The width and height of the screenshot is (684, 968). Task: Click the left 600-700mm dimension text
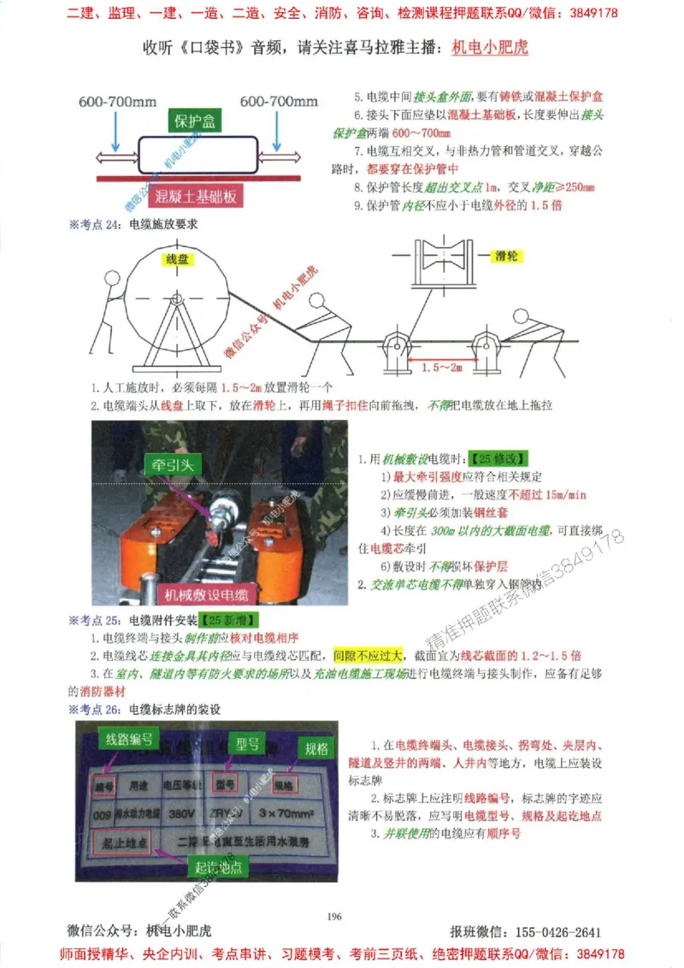point(117,101)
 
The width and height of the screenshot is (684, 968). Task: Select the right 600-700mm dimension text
point(279,101)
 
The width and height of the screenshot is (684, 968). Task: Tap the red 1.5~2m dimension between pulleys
point(444,367)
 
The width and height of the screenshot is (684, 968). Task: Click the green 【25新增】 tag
point(231,619)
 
